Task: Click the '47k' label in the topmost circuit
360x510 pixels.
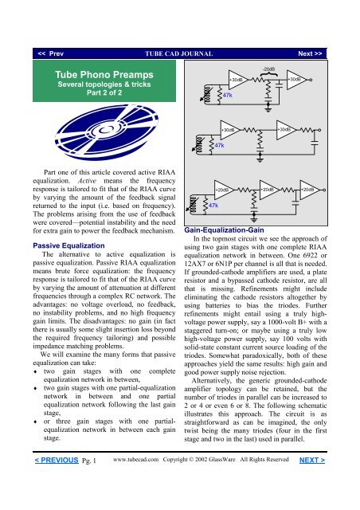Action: pos(228,94)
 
